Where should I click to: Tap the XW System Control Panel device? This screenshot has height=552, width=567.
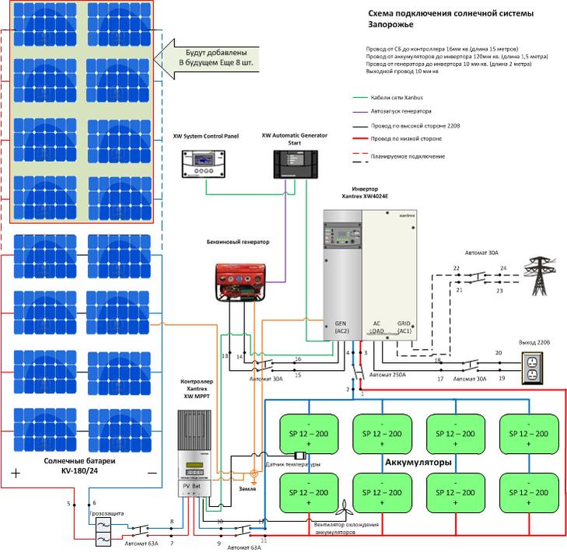206,162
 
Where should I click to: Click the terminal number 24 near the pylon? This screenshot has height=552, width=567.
503,268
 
